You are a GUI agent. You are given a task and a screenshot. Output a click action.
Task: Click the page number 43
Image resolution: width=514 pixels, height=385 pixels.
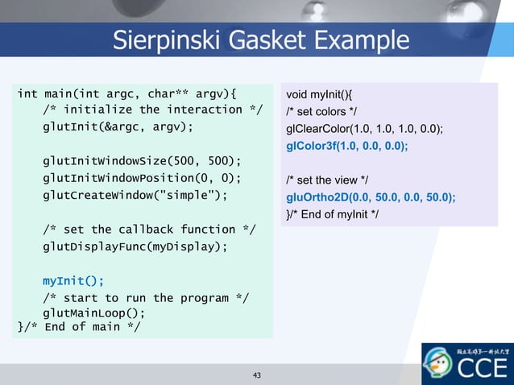(x=257, y=375)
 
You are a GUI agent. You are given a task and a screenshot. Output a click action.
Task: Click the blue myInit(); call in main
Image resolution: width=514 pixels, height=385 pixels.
(x=73, y=281)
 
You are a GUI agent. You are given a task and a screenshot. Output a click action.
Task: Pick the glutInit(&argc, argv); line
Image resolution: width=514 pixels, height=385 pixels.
(x=118, y=126)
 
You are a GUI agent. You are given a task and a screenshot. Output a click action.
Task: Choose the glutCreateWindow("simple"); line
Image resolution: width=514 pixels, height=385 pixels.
(x=135, y=195)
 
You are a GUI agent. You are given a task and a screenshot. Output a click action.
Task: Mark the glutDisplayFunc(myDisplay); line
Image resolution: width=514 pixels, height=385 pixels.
(x=135, y=246)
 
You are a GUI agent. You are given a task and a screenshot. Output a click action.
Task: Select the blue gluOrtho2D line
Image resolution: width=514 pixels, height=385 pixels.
(x=371, y=197)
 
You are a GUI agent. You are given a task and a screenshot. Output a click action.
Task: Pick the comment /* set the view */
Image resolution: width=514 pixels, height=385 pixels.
(x=330, y=180)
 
